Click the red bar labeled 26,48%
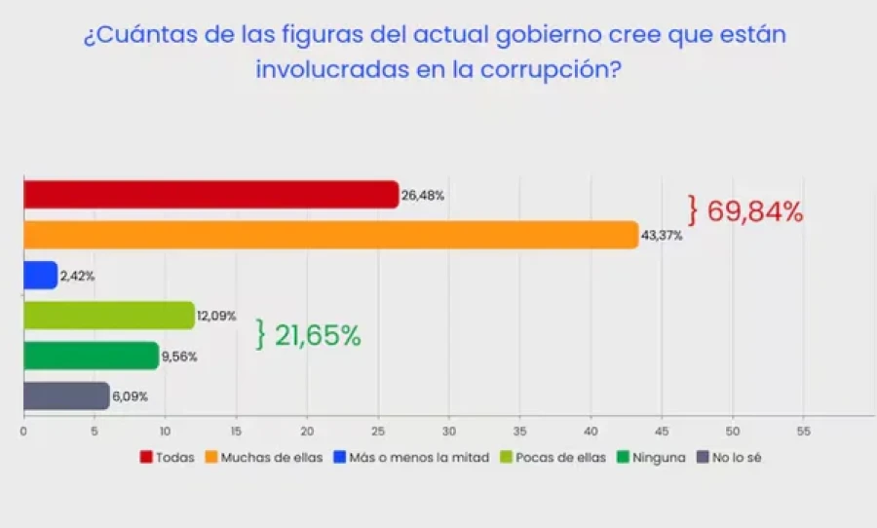point(210,195)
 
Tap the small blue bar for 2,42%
point(40,276)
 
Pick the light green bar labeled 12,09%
point(108,316)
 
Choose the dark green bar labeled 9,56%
point(91,356)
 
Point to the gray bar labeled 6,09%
point(65,396)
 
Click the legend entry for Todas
point(168,457)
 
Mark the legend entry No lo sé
point(729,457)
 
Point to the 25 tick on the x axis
point(377,430)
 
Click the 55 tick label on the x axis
point(803,430)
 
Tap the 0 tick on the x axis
point(23,430)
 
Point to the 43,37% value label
point(663,236)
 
